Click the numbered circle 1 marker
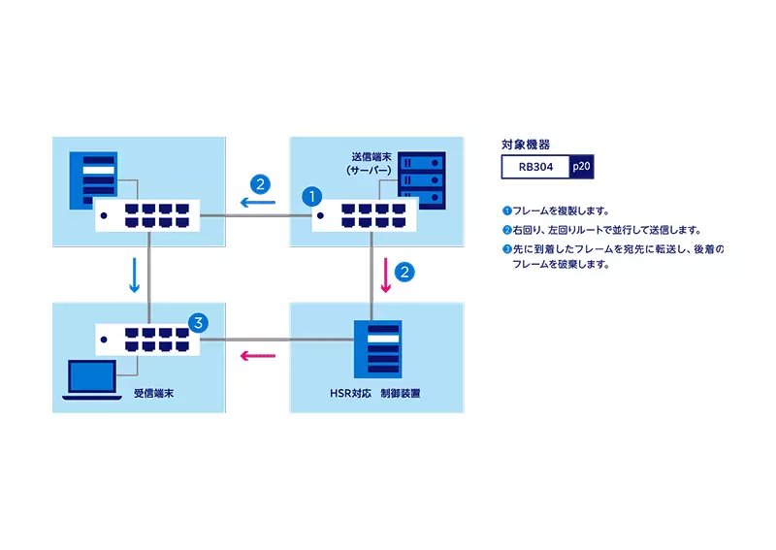311,195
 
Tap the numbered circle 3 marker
196,322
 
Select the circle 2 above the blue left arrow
259,181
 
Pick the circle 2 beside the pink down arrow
405,271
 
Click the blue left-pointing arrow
258,204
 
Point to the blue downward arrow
135,275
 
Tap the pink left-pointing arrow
258,356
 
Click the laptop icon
91,380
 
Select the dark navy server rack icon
422,180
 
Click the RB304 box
536,167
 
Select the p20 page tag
581,167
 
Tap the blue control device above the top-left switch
95,179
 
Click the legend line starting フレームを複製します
557,210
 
